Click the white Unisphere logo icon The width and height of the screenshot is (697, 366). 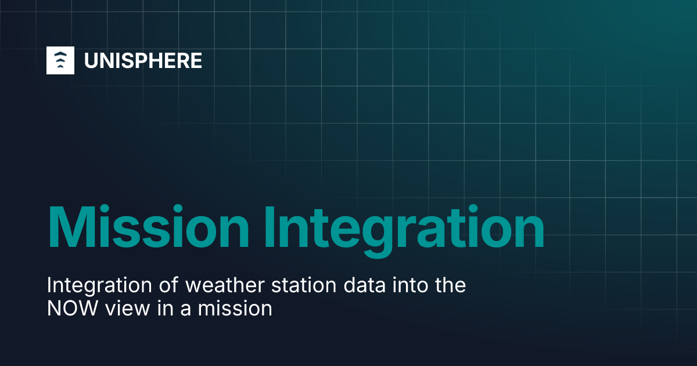(x=60, y=60)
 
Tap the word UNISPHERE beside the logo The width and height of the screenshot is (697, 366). (x=143, y=60)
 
